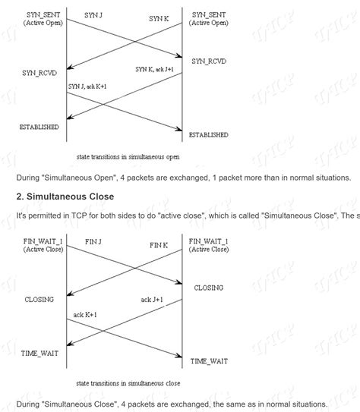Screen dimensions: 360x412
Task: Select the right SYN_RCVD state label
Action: click(x=209, y=61)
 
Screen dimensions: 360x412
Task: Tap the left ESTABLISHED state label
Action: click(x=39, y=127)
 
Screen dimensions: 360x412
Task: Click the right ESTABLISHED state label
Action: click(x=209, y=134)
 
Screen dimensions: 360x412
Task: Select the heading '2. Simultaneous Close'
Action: click(x=65, y=197)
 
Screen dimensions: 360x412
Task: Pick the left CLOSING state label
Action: click(x=39, y=299)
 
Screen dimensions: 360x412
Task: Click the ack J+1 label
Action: click(x=153, y=300)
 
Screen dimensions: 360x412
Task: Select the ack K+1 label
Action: click(x=85, y=315)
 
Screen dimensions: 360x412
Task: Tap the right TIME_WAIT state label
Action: click(x=209, y=361)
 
